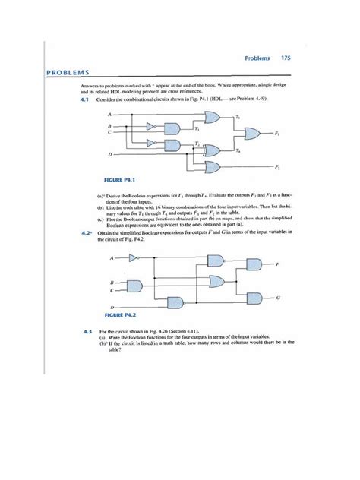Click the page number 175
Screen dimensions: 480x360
[x=286, y=58]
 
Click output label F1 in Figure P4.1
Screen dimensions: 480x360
[x=276, y=134]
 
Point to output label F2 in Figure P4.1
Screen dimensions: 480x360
[x=277, y=166]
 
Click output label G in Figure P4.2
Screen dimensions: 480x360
[x=277, y=298]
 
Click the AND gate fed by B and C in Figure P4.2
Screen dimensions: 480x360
[x=138, y=288]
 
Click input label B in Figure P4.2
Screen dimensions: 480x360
[x=112, y=283]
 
